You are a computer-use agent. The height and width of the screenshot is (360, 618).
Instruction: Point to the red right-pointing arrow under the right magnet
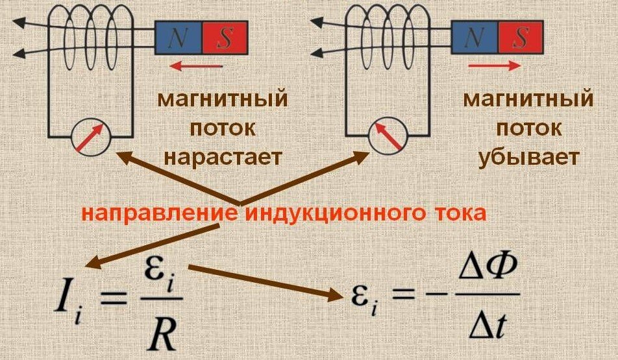[494, 66]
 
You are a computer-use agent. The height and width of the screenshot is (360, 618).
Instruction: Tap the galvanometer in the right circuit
[388, 137]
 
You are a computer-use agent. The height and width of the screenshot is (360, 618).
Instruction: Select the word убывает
[528, 157]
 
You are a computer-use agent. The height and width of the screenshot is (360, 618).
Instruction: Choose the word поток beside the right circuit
[528, 128]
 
